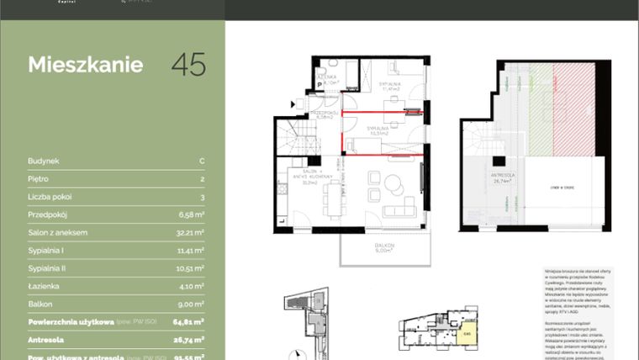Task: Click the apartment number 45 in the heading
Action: [188, 65]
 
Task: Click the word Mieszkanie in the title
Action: [85, 65]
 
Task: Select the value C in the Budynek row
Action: [202, 160]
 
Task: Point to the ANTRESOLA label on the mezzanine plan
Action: [503, 177]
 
